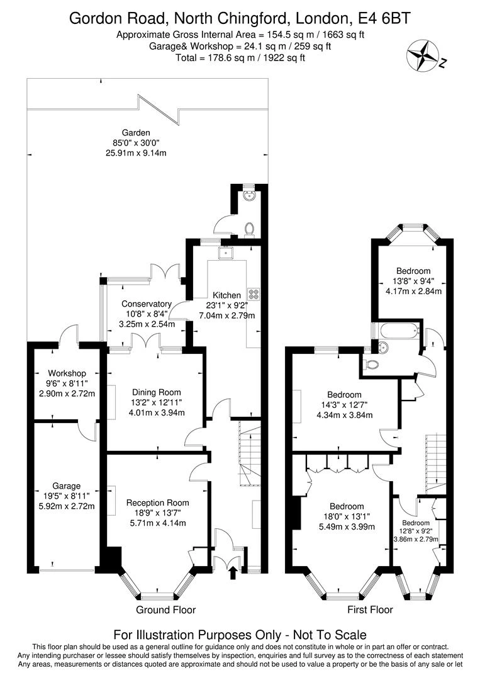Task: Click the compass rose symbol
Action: (421, 55)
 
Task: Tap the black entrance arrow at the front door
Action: (233, 572)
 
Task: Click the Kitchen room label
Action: (226, 295)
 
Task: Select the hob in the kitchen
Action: (254, 295)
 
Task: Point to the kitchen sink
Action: (226, 253)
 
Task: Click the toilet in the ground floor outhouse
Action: (249, 230)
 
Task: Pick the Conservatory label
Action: (147, 304)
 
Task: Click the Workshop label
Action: (67, 373)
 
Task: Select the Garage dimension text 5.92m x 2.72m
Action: (67, 506)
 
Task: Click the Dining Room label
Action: (157, 392)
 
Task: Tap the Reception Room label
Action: (158, 503)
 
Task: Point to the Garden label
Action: (136, 133)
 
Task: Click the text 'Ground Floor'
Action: (166, 610)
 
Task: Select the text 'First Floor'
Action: (370, 610)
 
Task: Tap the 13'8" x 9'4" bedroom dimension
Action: (413, 281)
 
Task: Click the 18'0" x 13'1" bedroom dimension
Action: (347, 517)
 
